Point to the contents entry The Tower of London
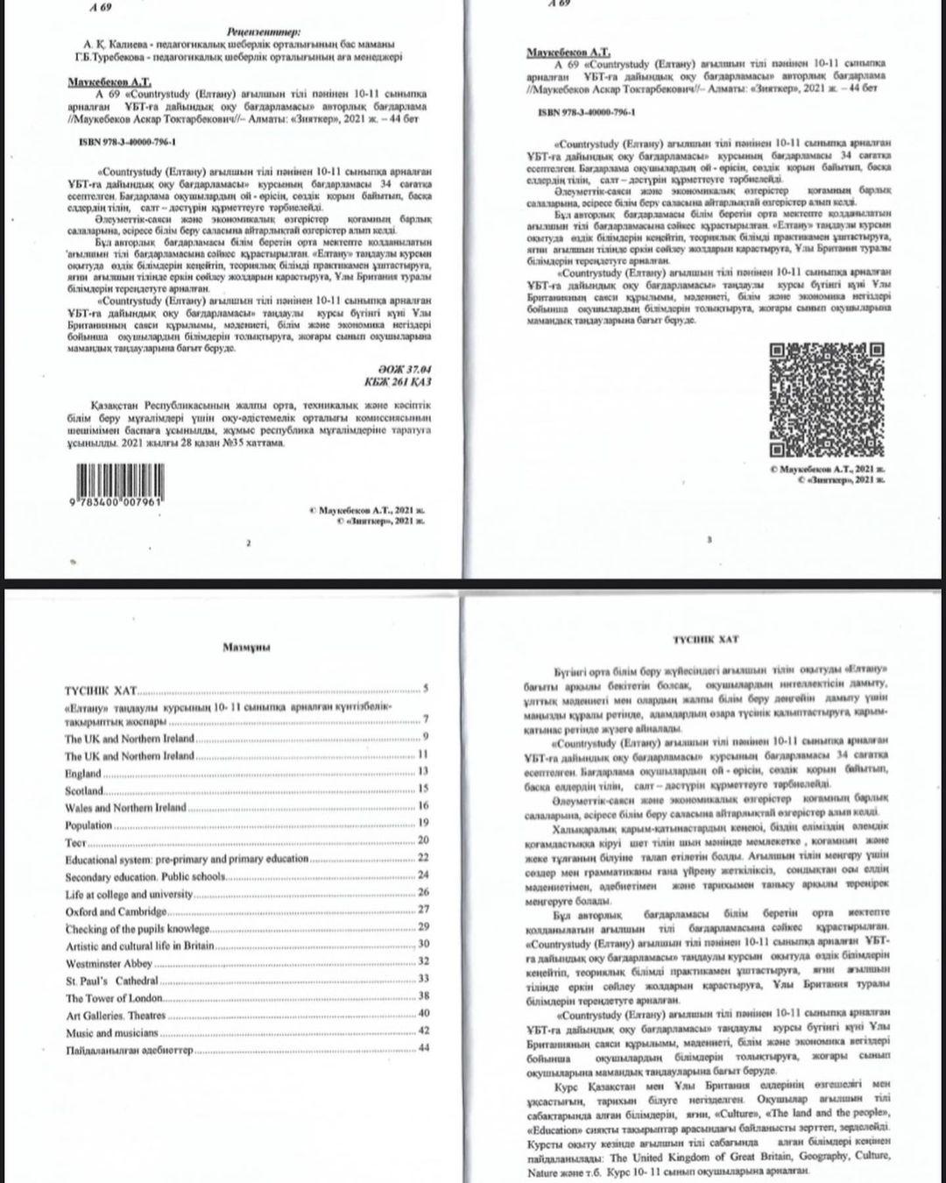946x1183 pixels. click(114, 998)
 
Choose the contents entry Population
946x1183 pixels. click(88, 825)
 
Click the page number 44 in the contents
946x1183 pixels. click(424, 1048)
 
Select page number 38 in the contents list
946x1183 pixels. click(424, 996)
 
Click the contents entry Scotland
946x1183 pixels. click(84, 790)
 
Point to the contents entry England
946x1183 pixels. click(83, 773)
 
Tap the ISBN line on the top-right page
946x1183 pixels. click(587, 113)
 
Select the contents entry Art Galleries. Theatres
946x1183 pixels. click(116, 1016)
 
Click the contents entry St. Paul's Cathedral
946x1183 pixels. click(112, 981)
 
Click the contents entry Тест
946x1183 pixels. click(75, 842)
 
